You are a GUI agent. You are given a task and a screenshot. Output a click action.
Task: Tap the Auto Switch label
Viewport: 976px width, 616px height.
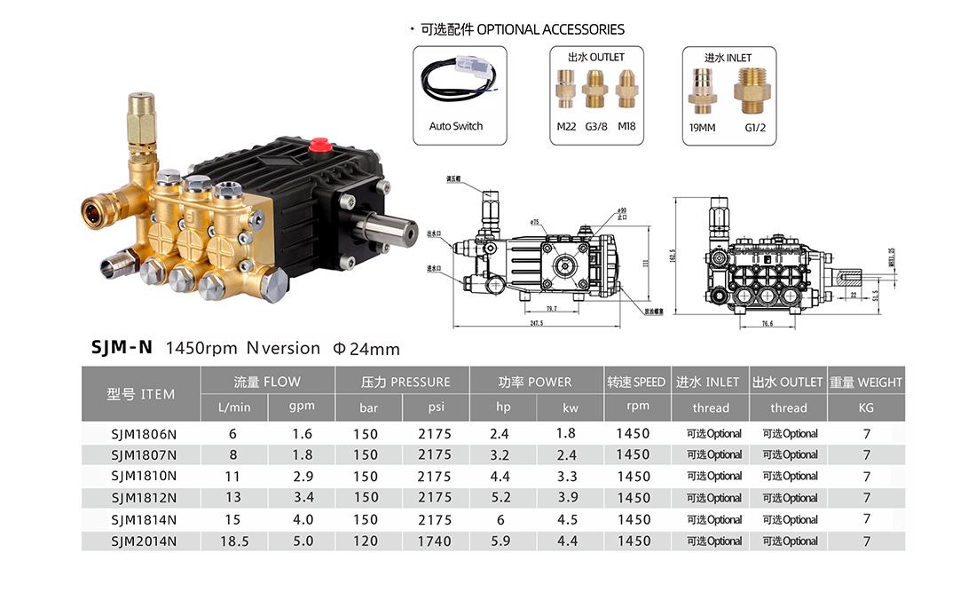click(456, 126)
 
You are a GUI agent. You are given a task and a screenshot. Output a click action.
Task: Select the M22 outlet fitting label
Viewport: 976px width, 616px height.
click(566, 126)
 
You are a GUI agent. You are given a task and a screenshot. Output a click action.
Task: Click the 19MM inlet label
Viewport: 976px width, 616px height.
click(702, 126)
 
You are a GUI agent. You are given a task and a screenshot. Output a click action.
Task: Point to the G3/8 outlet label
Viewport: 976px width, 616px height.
click(596, 126)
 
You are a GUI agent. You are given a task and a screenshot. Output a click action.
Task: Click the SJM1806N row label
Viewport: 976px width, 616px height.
click(141, 434)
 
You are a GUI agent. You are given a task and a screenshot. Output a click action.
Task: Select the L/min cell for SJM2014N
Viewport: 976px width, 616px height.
click(234, 541)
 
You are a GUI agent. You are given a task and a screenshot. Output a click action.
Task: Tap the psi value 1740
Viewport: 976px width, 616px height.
click(435, 541)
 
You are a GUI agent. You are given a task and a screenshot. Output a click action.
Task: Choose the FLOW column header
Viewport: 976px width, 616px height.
click(267, 382)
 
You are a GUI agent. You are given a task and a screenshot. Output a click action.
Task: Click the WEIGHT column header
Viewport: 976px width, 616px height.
click(866, 383)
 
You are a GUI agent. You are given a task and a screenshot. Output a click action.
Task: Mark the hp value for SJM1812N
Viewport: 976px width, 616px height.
click(500, 498)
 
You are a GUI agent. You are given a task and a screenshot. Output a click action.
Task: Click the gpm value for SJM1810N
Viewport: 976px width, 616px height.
click(302, 477)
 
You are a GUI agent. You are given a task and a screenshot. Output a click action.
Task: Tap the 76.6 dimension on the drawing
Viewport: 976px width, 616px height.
click(742, 324)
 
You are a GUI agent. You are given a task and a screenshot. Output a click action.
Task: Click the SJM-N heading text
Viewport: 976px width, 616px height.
click(122, 349)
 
